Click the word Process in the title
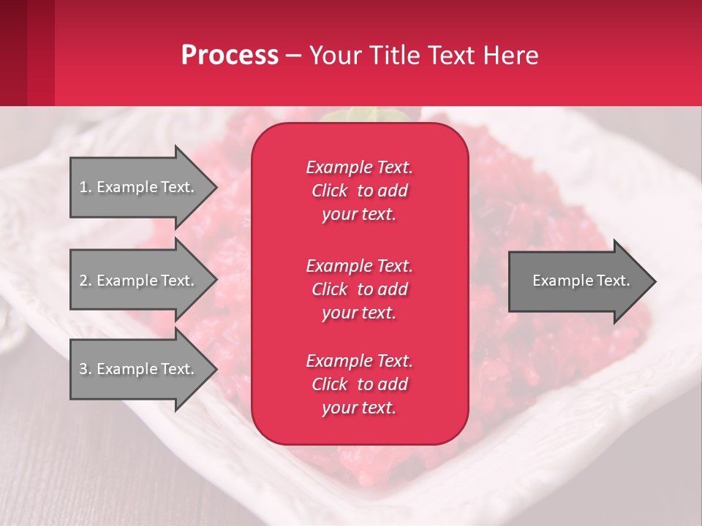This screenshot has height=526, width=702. coord(230,56)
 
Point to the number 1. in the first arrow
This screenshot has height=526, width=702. coord(85,187)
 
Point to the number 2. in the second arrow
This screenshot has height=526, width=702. coord(85,281)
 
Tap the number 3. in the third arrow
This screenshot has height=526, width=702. coord(85,369)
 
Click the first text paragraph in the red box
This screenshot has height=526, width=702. coord(359,191)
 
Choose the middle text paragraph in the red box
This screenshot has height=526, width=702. coord(359,289)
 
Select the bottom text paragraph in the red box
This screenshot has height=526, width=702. coord(359,384)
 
